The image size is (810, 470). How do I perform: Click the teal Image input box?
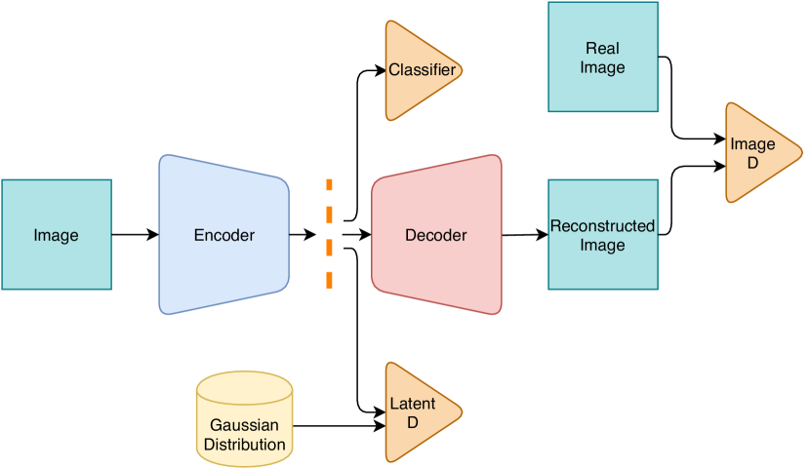pos(57,235)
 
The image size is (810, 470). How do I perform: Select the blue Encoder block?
pos(224,235)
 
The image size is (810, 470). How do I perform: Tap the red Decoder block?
pos(436,235)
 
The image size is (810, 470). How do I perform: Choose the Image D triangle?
pos(757,153)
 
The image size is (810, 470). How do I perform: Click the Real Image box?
pos(603,58)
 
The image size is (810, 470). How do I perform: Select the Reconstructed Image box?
pos(603,235)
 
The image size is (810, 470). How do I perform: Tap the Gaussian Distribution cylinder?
pos(245,417)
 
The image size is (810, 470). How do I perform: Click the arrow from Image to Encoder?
pos(135,235)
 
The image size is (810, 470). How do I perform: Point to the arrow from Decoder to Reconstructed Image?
pos(525,234)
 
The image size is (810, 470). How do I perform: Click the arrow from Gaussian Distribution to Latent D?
pos(337,426)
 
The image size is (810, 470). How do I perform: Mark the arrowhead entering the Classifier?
pos(380,70)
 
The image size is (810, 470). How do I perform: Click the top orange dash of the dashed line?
pos(329,185)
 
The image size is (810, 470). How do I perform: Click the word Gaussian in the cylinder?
pos(244,426)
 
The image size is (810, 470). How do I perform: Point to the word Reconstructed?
pos(602,226)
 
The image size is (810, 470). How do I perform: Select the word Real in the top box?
pos(603,48)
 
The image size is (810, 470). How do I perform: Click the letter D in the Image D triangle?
pos(752,163)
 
